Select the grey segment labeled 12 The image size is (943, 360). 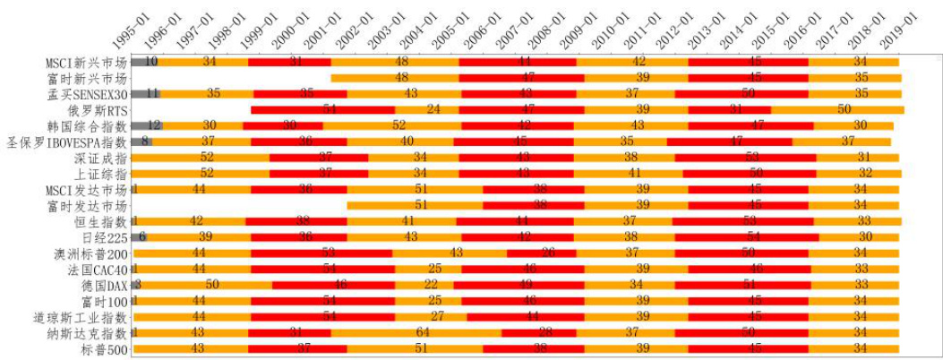[146, 125]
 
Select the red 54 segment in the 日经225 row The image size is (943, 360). [753, 236]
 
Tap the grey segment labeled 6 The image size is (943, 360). [139, 236]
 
